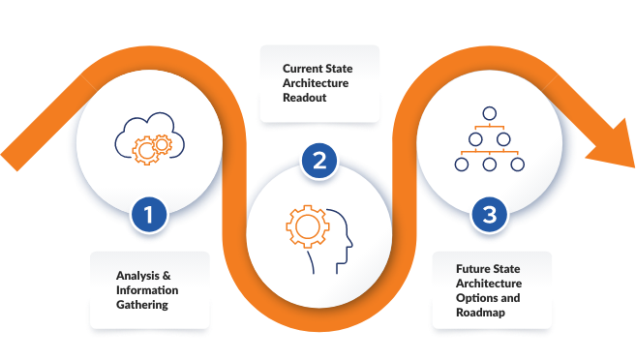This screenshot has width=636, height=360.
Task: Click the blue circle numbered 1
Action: [148, 214]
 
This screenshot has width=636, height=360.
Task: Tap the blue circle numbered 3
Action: [489, 214]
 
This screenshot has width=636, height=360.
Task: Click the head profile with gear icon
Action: [318, 236]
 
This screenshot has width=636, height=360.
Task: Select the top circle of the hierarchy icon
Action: [489, 114]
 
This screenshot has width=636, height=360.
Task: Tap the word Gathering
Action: [142, 305]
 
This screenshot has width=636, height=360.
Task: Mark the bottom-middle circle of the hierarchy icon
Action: [489, 165]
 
